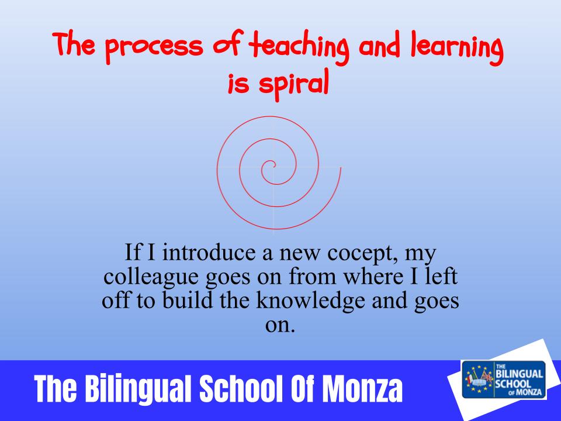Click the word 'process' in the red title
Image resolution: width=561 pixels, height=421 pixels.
coord(154,47)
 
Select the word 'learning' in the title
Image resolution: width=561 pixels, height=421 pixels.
coord(457,47)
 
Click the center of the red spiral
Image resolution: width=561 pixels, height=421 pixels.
coord(274,165)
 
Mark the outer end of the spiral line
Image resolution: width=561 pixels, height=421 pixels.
coord(341,168)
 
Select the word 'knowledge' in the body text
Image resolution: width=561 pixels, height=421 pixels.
coord(310,300)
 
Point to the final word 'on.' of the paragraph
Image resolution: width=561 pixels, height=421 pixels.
coord(280,325)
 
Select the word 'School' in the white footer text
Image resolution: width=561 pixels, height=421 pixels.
coord(241,389)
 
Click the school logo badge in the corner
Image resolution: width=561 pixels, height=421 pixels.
coord(504,379)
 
